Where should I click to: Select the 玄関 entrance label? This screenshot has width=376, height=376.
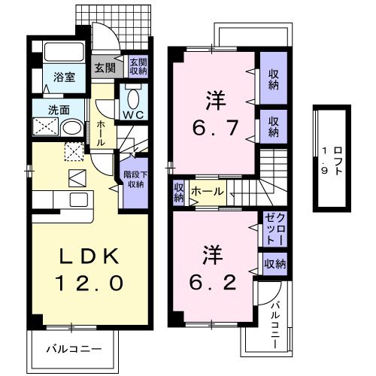[x=104, y=67]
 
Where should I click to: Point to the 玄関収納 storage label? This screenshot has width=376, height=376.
[x=137, y=68]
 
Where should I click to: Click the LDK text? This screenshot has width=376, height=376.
[x=89, y=256]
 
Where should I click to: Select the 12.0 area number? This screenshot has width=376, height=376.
[x=89, y=284]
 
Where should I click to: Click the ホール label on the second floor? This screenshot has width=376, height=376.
[x=207, y=193]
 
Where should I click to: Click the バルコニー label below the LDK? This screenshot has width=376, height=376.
[x=73, y=348]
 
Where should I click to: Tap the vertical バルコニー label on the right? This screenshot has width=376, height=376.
[x=274, y=323]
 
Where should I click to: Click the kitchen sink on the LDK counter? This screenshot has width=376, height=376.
[x=77, y=199]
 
